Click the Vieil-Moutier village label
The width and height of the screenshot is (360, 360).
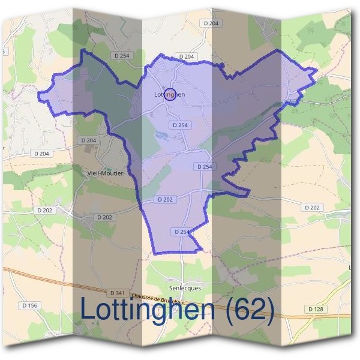click(101, 173)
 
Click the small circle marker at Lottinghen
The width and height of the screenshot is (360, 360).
click(170, 94)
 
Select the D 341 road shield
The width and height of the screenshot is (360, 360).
click(118, 293)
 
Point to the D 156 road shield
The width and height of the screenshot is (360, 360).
click(29, 306)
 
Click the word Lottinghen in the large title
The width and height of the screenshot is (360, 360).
click(147, 310)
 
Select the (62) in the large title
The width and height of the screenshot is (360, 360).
click(248, 310)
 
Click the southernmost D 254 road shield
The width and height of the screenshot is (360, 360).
click(181, 232)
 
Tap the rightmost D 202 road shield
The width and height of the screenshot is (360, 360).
click(312, 208)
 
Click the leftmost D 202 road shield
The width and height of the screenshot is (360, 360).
click(44, 211)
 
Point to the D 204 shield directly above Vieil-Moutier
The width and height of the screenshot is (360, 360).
click(88, 140)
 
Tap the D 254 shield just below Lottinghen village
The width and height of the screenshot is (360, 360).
click(179, 125)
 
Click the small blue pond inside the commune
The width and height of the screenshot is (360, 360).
click(161, 136)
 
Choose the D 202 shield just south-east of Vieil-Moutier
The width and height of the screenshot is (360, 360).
click(104, 217)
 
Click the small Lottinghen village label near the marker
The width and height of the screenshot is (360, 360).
click(169, 94)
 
